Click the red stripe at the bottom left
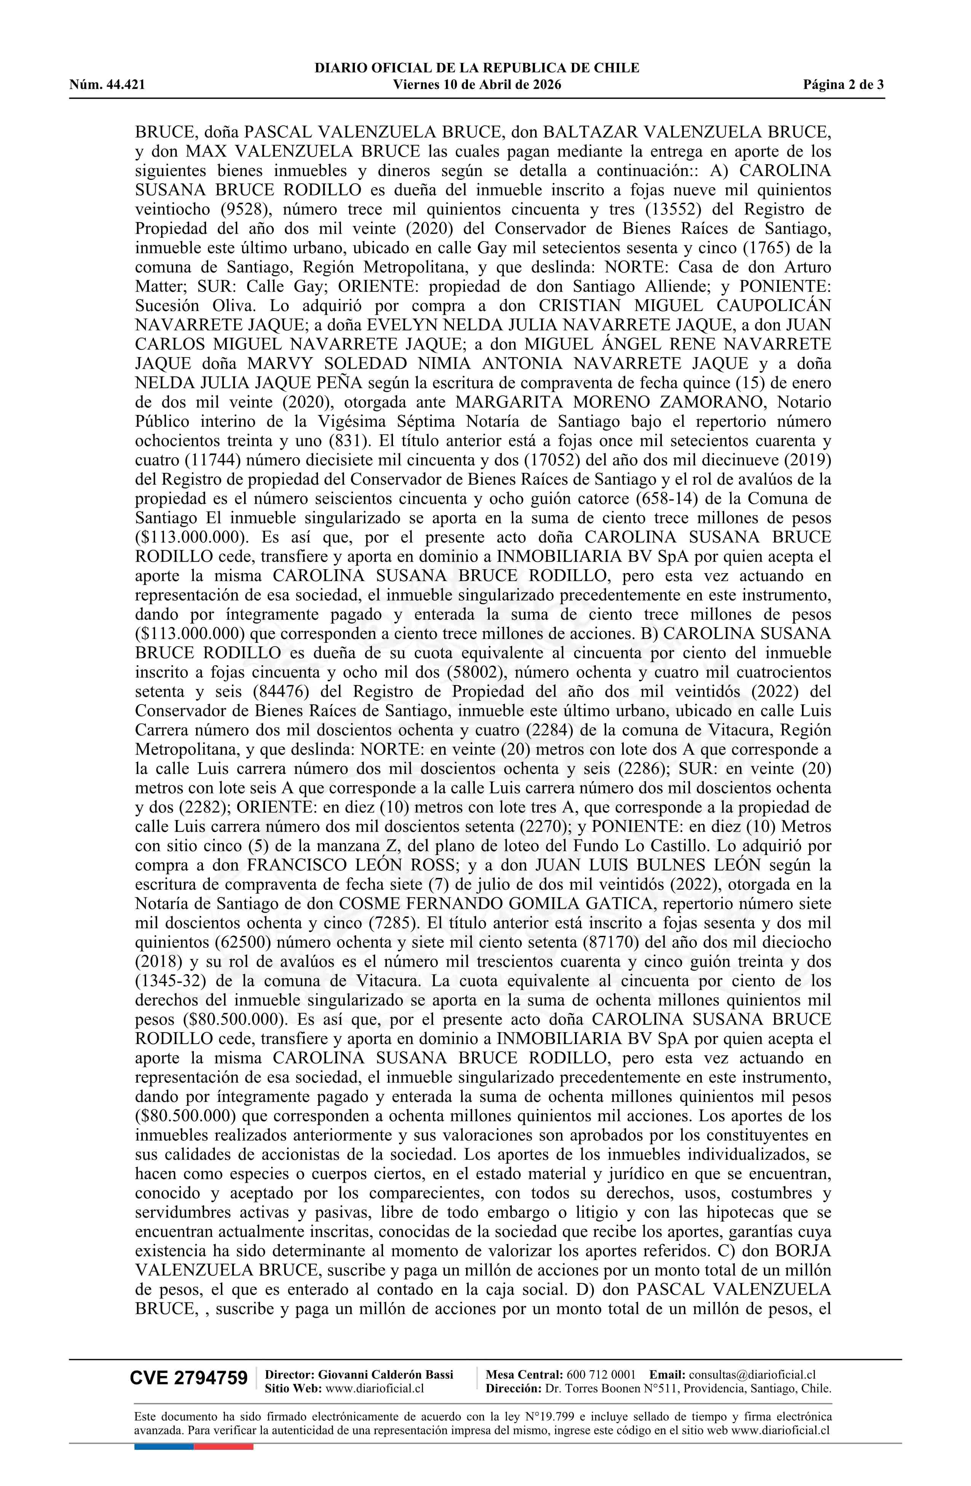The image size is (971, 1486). [x=224, y=1447]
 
